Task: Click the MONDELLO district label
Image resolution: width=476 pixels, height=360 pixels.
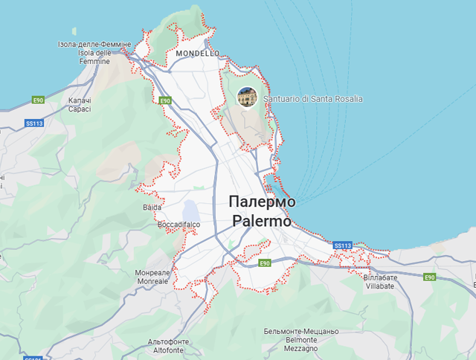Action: tap(197, 54)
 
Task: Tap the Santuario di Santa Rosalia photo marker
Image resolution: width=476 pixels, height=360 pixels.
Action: tap(247, 97)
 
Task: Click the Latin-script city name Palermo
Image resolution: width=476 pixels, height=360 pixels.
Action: tap(261, 222)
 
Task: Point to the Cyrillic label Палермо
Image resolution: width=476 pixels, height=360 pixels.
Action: tap(262, 202)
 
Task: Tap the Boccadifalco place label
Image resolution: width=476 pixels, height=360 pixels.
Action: tap(179, 225)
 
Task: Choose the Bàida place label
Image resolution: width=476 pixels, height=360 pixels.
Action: tap(151, 208)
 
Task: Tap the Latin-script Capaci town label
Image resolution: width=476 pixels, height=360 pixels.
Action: tap(79, 109)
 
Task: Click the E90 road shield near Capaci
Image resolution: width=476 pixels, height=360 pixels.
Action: tap(39, 100)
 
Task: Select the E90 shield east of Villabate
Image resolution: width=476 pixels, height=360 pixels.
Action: tap(429, 277)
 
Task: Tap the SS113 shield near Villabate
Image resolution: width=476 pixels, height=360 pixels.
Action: tap(342, 245)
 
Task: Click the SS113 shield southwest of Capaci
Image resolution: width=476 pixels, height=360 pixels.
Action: tap(34, 123)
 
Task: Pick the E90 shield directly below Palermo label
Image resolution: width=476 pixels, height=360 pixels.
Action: tap(264, 263)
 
